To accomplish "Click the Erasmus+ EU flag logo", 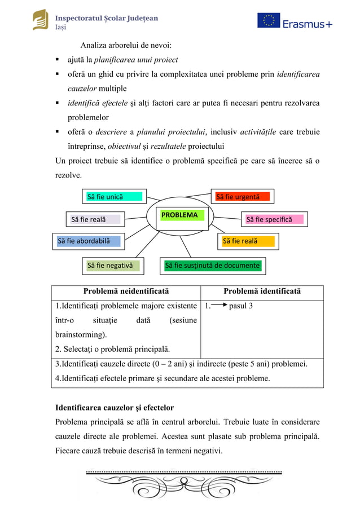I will coord(269,21).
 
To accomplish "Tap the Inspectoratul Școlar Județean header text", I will coord(106,18).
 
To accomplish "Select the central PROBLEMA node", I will coord(179,215).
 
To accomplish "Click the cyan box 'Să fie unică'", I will coord(113,197).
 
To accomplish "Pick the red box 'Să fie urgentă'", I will coord(243,197).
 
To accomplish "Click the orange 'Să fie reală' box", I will coord(248,241).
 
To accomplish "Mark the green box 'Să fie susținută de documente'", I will coord(212,266).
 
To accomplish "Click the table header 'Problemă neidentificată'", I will coord(126,291).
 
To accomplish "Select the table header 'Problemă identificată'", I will coord(262,291).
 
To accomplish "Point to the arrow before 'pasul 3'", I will coord(219,306).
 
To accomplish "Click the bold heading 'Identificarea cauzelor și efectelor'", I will coord(115,407).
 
